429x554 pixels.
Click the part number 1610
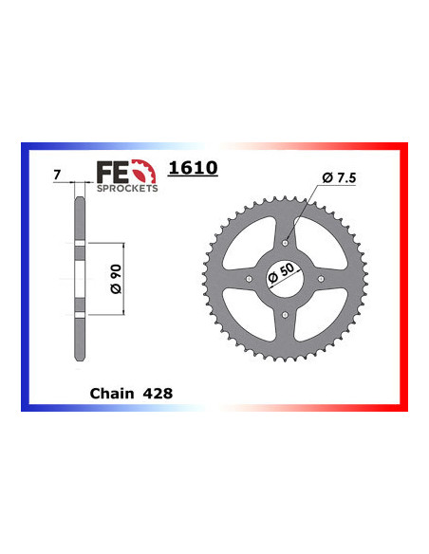(193, 169)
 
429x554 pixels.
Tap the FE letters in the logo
(110, 172)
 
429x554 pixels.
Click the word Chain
(111, 391)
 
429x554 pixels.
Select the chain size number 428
(158, 391)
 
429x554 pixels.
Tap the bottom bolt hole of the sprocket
(286, 314)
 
